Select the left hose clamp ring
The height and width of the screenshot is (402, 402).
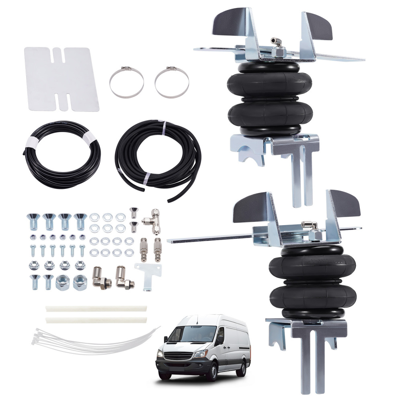pos(127,82)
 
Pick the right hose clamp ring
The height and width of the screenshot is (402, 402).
pos(172,82)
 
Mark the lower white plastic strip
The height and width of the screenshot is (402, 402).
pos(96,320)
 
